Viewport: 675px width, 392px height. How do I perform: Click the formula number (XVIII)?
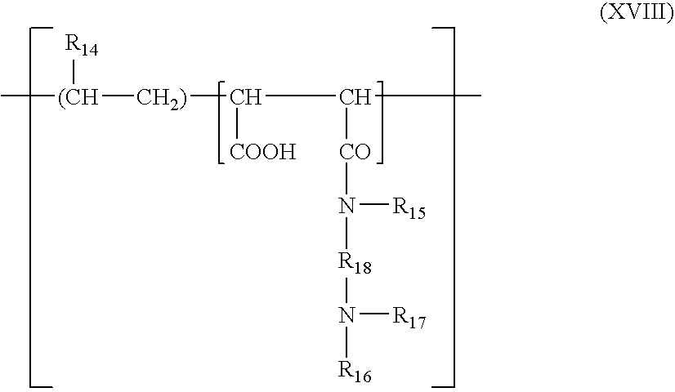point(635,15)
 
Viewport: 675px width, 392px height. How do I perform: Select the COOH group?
point(261,153)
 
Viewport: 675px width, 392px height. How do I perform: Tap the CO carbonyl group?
point(355,153)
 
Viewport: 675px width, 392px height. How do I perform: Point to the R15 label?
point(409,209)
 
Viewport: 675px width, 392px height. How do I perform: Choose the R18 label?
point(355,265)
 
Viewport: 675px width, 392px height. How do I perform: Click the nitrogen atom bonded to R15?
point(347,207)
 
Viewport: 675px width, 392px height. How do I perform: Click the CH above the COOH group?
point(244,99)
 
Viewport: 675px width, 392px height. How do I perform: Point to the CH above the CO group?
point(355,99)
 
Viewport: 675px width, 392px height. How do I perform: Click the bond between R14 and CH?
point(74,72)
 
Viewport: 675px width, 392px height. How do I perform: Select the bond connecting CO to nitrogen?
point(347,180)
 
